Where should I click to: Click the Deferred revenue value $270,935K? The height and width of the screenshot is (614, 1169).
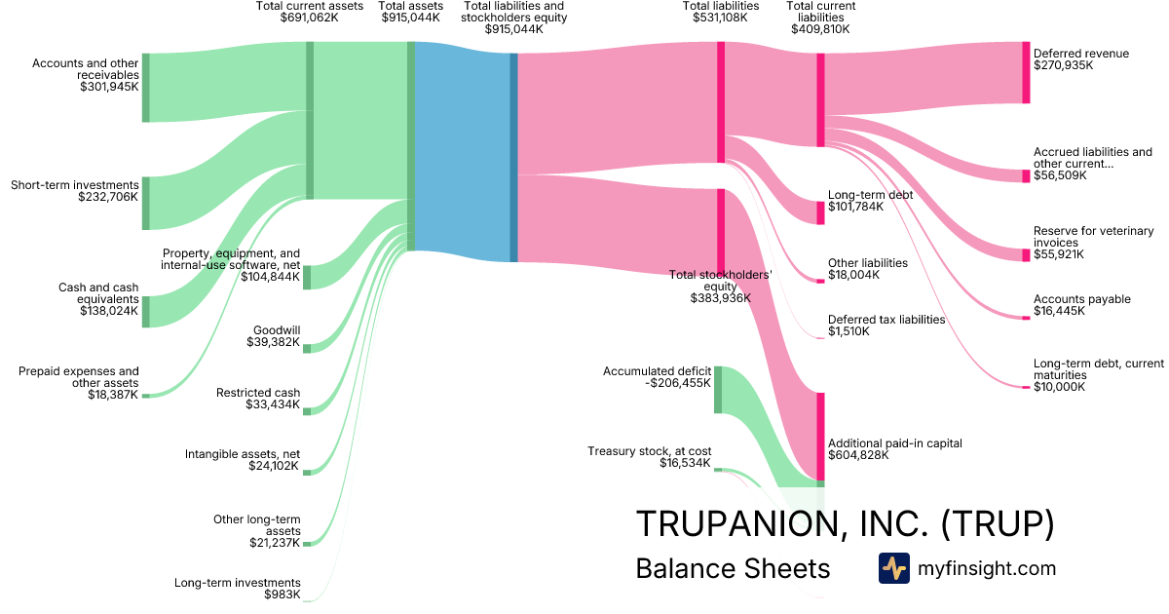point(1064,66)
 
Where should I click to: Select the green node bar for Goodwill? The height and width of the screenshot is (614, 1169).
point(307,348)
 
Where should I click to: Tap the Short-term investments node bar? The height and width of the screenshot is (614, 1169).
point(146,203)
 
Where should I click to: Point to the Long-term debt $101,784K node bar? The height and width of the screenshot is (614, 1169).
point(820,212)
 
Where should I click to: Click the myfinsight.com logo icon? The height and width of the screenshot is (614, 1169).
point(893,568)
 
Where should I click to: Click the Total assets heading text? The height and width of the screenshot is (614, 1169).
point(411,6)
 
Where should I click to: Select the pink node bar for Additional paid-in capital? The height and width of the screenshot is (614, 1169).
point(820,439)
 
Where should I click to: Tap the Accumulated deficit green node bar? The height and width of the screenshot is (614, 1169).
point(718,390)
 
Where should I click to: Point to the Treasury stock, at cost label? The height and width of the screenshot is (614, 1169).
point(650,451)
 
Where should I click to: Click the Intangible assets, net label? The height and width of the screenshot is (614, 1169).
point(243,454)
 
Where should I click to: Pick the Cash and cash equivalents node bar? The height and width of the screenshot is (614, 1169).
point(146,312)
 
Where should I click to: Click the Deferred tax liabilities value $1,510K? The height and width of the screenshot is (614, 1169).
point(848,331)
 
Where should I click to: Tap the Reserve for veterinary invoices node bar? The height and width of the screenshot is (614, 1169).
point(1026,254)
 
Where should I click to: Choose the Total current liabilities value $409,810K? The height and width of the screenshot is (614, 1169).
point(820,29)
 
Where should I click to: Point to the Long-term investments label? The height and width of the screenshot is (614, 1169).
point(237,583)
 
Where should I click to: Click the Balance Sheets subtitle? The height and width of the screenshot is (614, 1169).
point(733,568)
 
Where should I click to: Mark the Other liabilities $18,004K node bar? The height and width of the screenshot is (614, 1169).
point(820,281)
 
